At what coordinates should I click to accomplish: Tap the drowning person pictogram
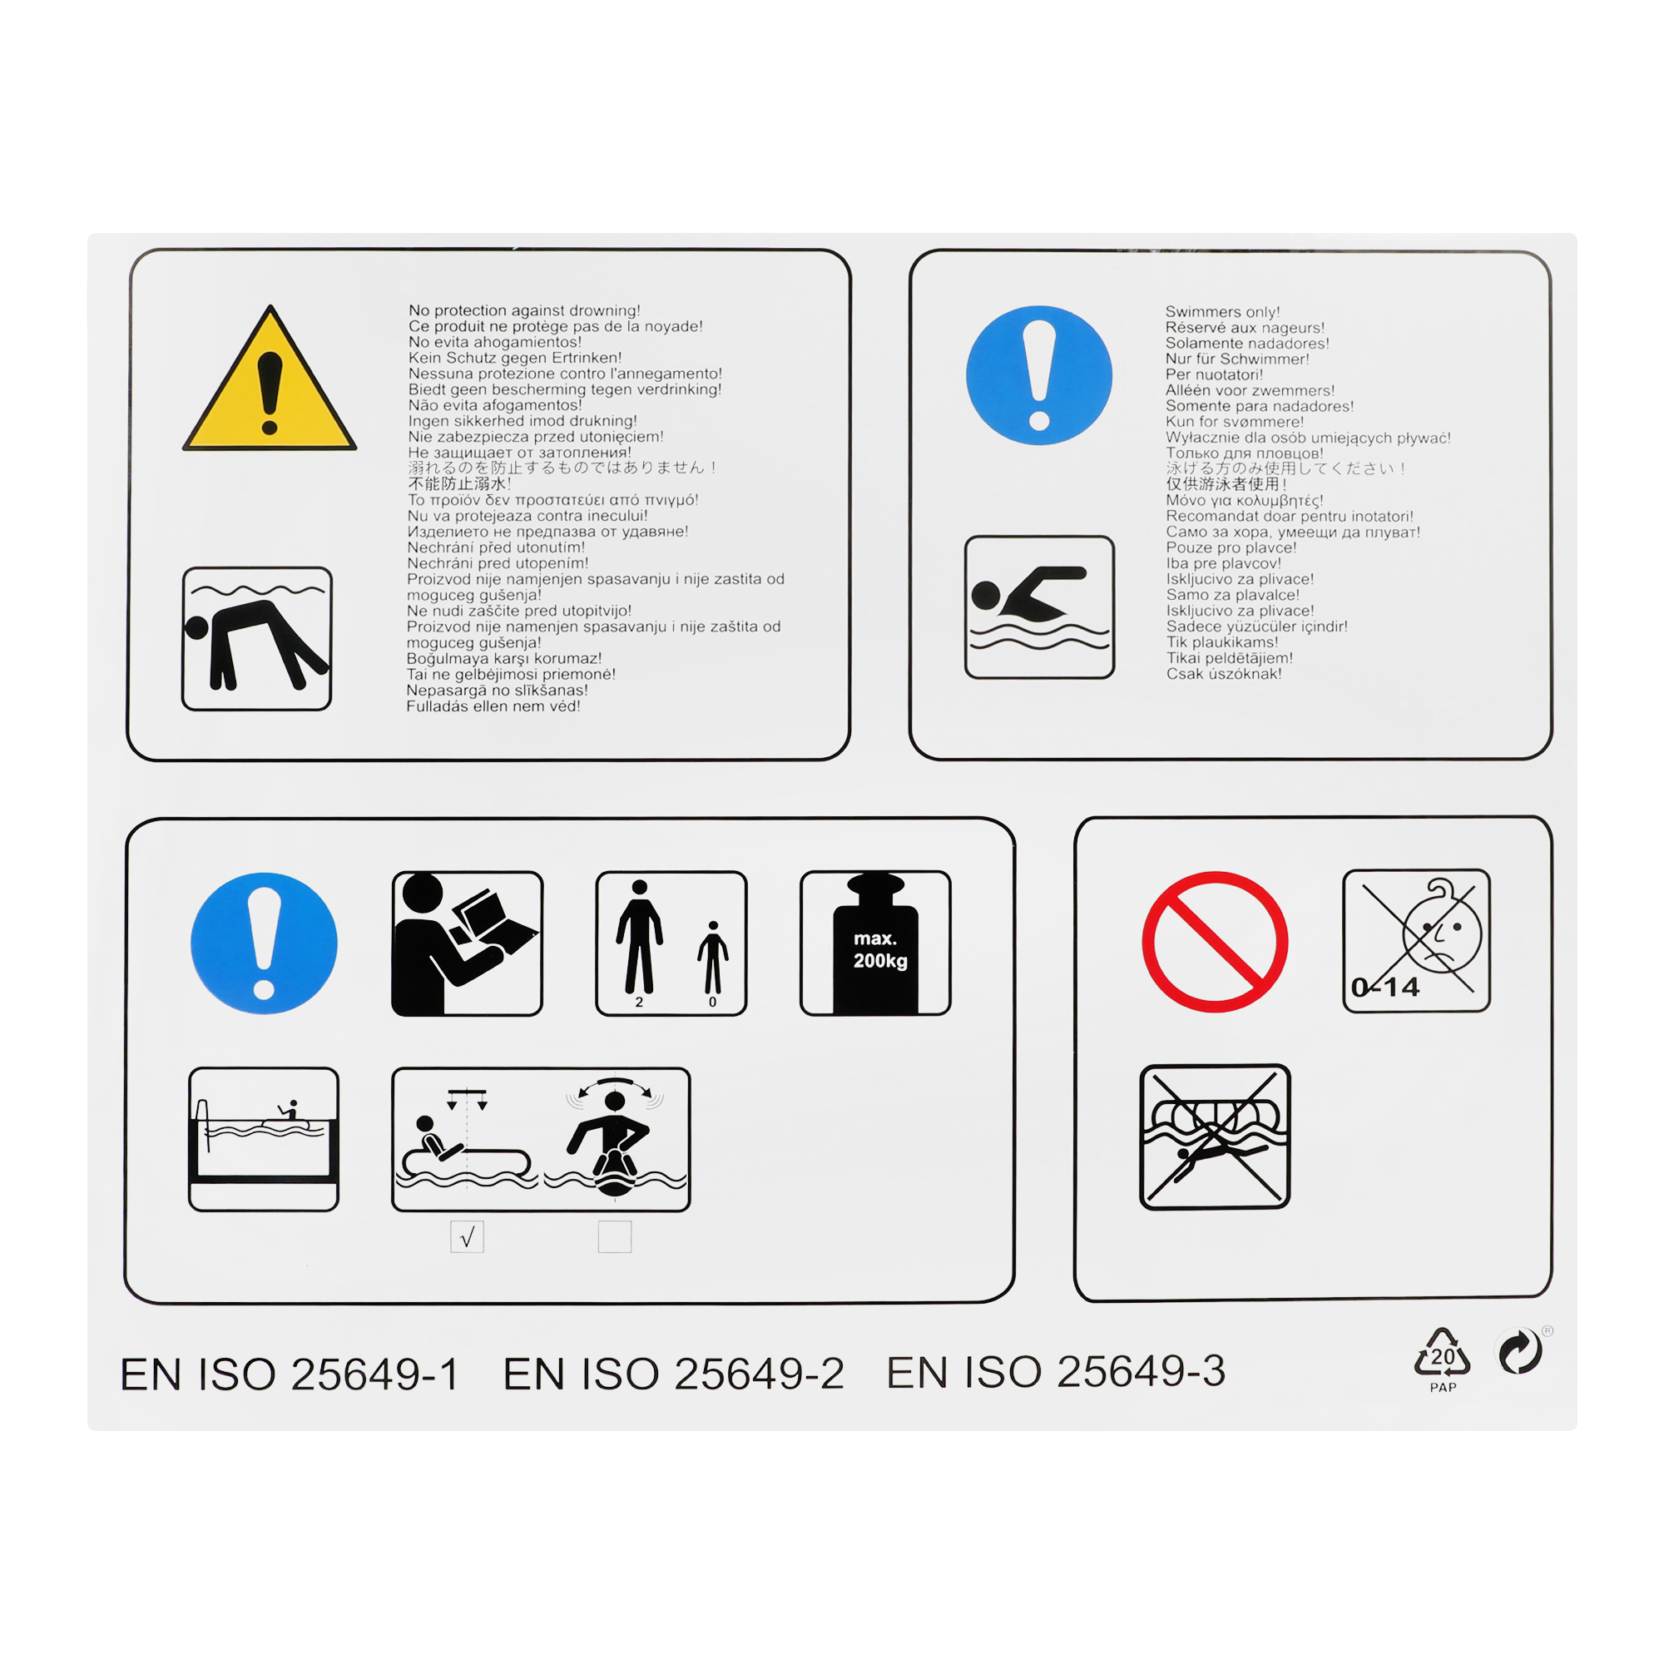pyautogui.click(x=256, y=639)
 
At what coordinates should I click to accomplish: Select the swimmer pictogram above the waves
pyautogui.click(x=1039, y=607)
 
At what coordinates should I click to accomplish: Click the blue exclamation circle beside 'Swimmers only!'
pyautogui.click(x=1038, y=375)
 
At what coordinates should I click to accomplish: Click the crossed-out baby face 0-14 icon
pyautogui.click(x=1417, y=940)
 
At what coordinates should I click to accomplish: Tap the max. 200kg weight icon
pyautogui.click(x=876, y=943)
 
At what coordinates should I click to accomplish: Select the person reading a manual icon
pyautogui.click(x=467, y=943)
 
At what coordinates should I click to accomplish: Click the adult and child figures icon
pyautogui.click(x=671, y=943)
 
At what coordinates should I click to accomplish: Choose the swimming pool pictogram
pyautogui.click(x=264, y=1139)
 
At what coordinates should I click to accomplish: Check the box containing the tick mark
pyautogui.click(x=467, y=1237)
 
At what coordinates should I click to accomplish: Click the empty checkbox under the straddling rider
pyautogui.click(x=615, y=1237)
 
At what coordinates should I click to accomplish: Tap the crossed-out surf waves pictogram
pyautogui.click(x=1215, y=1137)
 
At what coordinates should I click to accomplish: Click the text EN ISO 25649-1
pyautogui.click(x=290, y=1374)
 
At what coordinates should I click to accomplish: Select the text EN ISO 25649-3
pyautogui.click(x=1056, y=1372)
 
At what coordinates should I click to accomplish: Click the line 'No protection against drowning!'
pyautogui.click(x=524, y=310)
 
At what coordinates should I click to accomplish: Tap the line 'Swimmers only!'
pyautogui.click(x=1223, y=312)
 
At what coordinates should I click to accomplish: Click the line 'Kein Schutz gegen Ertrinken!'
pyautogui.click(x=515, y=358)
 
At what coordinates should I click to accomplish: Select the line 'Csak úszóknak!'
pyautogui.click(x=1224, y=674)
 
